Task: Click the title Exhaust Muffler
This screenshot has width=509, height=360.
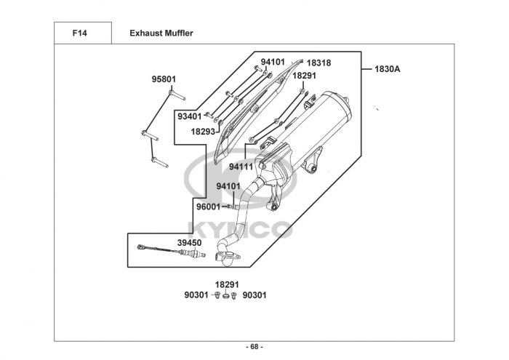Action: pyautogui.click(x=161, y=33)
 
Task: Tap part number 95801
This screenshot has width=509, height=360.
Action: pyautogui.click(x=164, y=79)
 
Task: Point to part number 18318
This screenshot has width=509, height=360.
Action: pyautogui.click(x=318, y=63)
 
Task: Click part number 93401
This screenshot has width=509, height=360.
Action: pyautogui.click(x=189, y=116)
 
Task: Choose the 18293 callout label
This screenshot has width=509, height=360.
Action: pyautogui.click(x=203, y=132)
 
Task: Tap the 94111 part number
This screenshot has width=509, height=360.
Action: pyautogui.click(x=241, y=167)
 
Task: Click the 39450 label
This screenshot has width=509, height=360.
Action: pyautogui.click(x=189, y=242)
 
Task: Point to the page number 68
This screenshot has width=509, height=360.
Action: pyautogui.click(x=254, y=346)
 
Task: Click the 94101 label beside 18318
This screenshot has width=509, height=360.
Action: pyautogui.click(x=273, y=63)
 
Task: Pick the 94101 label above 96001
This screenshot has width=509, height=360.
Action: pyautogui.click(x=228, y=186)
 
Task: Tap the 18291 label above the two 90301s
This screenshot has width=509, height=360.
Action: pyautogui.click(x=227, y=284)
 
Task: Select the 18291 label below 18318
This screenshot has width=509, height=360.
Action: pyautogui.click(x=305, y=75)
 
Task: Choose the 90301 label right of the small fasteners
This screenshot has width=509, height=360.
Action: pyautogui.click(x=254, y=295)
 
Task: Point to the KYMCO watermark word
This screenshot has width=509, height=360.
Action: pyautogui.click(x=240, y=228)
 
